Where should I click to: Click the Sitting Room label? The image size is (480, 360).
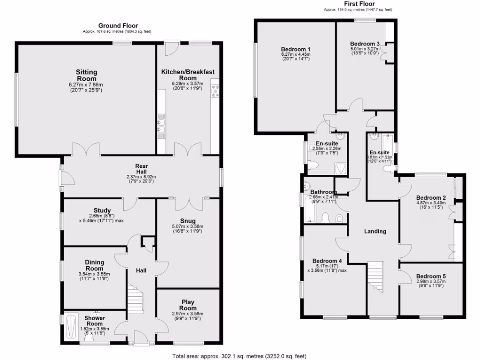pos(87,75)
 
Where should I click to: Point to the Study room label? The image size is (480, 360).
pos(102,210)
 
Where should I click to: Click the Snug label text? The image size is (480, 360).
pos(188,221)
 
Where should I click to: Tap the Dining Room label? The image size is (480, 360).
pos(95,265)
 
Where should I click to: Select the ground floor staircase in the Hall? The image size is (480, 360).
pos(135,300)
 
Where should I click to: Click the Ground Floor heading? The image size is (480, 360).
pos(118,25)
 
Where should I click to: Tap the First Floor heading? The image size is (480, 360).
pos(358,4)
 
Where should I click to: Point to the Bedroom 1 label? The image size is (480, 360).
pos(296,49)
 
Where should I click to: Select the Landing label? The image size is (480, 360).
pos(375,231)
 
